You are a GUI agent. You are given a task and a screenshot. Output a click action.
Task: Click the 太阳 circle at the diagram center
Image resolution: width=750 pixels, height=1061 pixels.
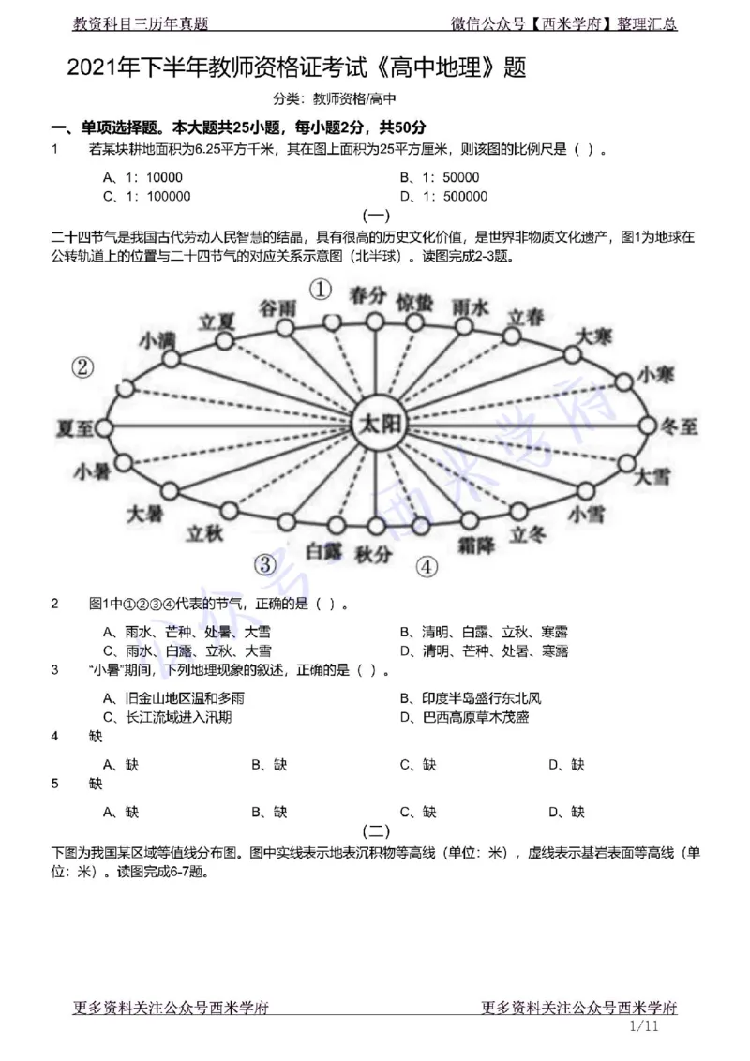click(x=376, y=425)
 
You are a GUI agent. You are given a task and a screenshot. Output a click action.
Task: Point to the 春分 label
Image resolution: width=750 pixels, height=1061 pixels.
click(x=367, y=295)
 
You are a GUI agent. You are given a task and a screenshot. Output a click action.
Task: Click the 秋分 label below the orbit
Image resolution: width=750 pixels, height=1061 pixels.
click(x=372, y=554)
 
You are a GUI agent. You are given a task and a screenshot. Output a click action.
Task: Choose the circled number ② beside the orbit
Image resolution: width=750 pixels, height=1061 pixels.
click(x=83, y=368)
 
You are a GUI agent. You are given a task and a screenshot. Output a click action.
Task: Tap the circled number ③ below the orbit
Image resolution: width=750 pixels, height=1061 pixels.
click(x=266, y=563)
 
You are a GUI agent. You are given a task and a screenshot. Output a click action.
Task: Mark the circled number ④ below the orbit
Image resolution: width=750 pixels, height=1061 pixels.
click(x=427, y=566)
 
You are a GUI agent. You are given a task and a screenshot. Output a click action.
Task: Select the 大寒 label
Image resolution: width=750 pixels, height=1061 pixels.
click(x=592, y=336)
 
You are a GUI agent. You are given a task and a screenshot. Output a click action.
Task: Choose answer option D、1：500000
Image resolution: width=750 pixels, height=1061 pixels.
click(x=443, y=196)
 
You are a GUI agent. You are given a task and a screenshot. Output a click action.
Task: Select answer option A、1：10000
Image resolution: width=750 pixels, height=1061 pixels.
click(x=142, y=177)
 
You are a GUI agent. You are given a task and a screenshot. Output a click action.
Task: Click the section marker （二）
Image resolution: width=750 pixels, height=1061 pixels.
click(x=375, y=830)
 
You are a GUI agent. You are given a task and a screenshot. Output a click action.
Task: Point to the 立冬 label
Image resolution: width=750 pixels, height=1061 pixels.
click(x=527, y=534)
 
